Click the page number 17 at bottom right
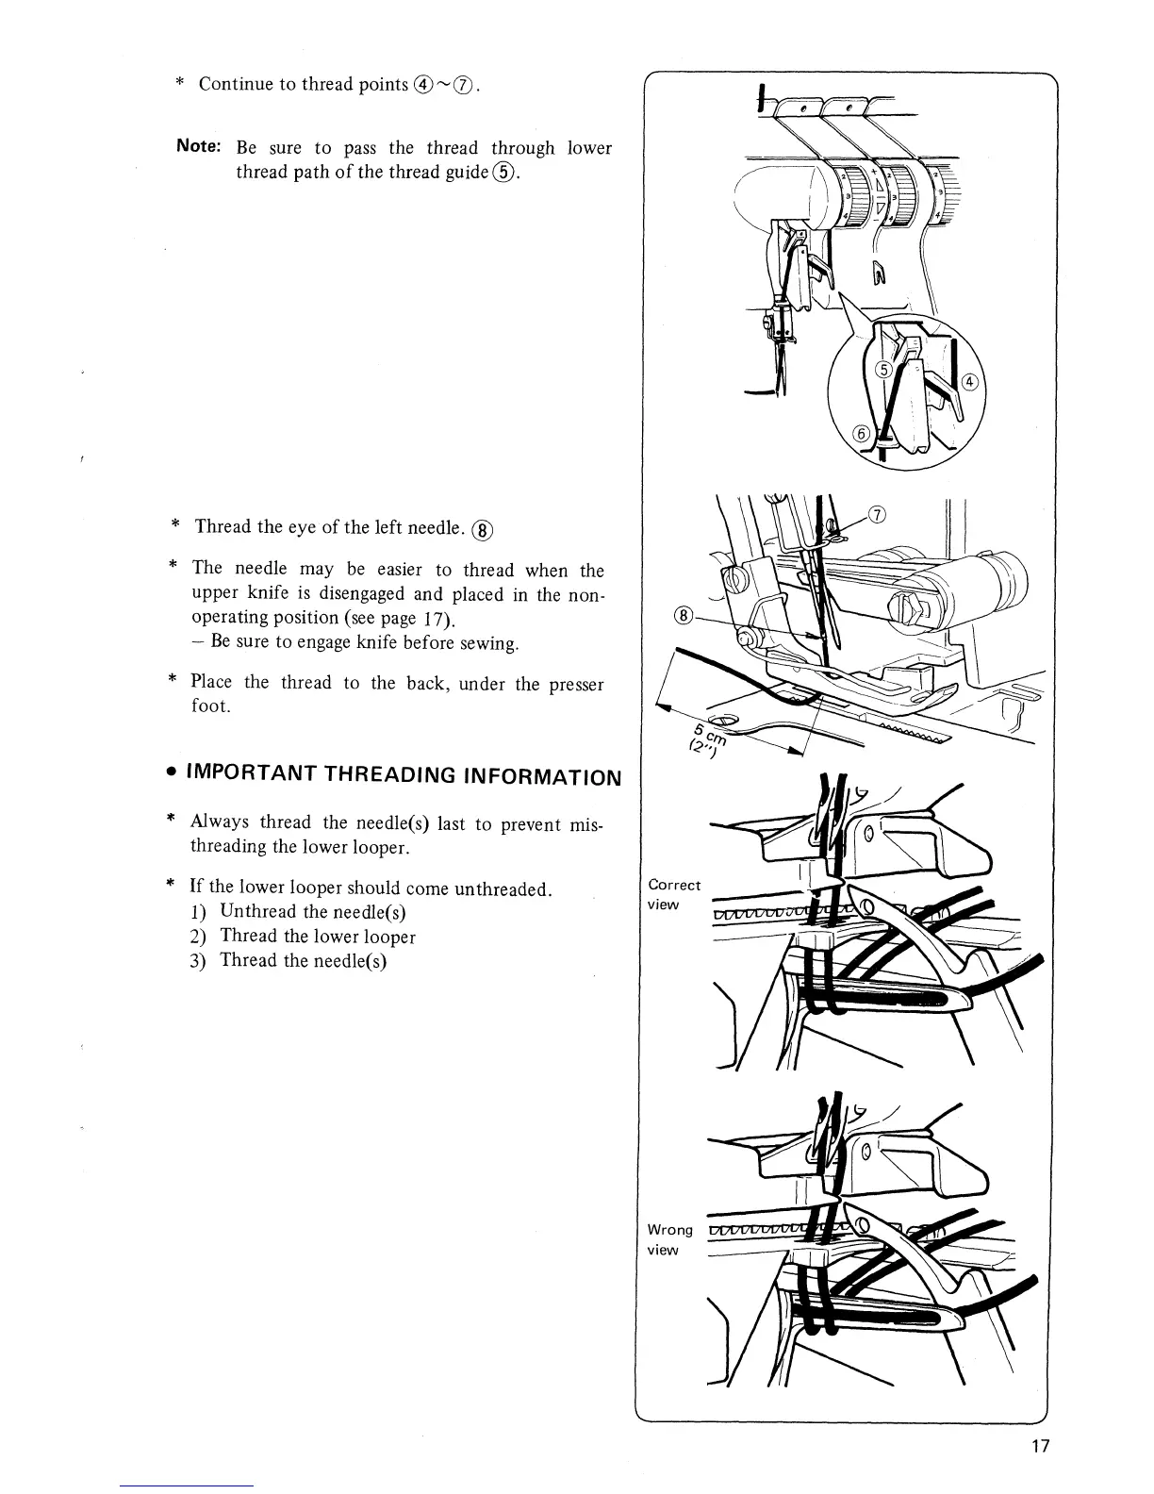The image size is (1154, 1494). [1039, 1447]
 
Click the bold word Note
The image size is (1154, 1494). [199, 147]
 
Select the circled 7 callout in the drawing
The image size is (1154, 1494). [878, 515]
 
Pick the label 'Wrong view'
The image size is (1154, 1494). [669, 1239]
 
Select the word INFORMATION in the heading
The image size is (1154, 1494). [540, 777]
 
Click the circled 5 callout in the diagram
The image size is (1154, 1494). [883, 370]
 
